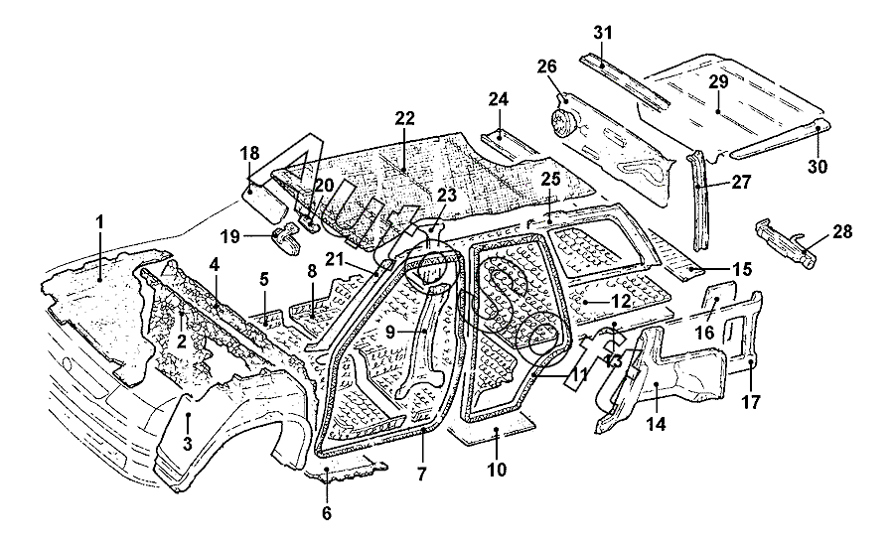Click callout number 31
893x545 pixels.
click(x=603, y=33)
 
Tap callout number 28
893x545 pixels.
click(x=842, y=232)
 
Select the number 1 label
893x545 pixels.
click(x=99, y=223)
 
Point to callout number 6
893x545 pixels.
click(x=327, y=513)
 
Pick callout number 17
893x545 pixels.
click(x=752, y=403)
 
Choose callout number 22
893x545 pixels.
click(x=404, y=118)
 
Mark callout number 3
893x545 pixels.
click(x=187, y=444)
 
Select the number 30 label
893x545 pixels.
click(x=817, y=167)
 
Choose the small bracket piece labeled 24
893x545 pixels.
click(x=506, y=140)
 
